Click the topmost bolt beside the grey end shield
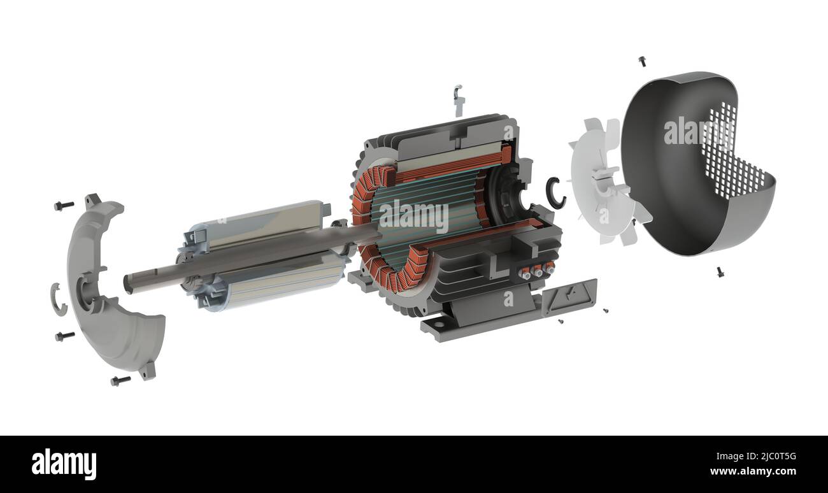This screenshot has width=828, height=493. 64,206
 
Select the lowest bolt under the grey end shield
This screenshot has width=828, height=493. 120,380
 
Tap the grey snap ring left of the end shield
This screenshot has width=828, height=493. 58,299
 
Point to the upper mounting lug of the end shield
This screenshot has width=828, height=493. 93,200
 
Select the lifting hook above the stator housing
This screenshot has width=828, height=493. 458,98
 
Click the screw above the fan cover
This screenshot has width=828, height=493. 642,61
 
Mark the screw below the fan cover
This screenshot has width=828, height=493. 720,272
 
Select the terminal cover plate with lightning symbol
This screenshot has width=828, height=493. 568,297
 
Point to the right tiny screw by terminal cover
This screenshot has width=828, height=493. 605,311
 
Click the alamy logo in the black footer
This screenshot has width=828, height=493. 64,463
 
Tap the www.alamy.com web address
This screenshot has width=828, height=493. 753,472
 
